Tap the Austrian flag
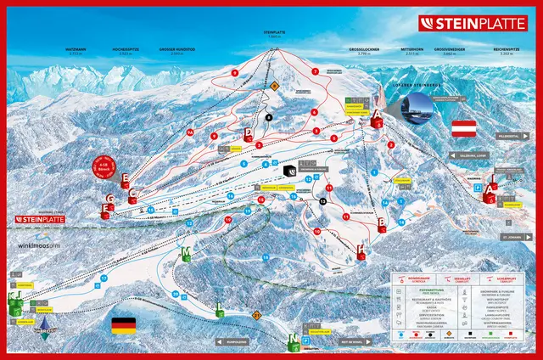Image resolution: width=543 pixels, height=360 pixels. pyautogui.click(x=463, y=129)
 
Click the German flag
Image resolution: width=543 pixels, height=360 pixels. pyautogui.click(x=124, y=326)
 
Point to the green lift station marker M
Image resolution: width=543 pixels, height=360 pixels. pyautogui.click(x=186, y=252)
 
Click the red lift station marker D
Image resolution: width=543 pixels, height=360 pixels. pyautogui.click(x=248, y=133)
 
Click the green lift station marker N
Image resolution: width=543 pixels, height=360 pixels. pyautogui.click(x=294, y=340)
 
